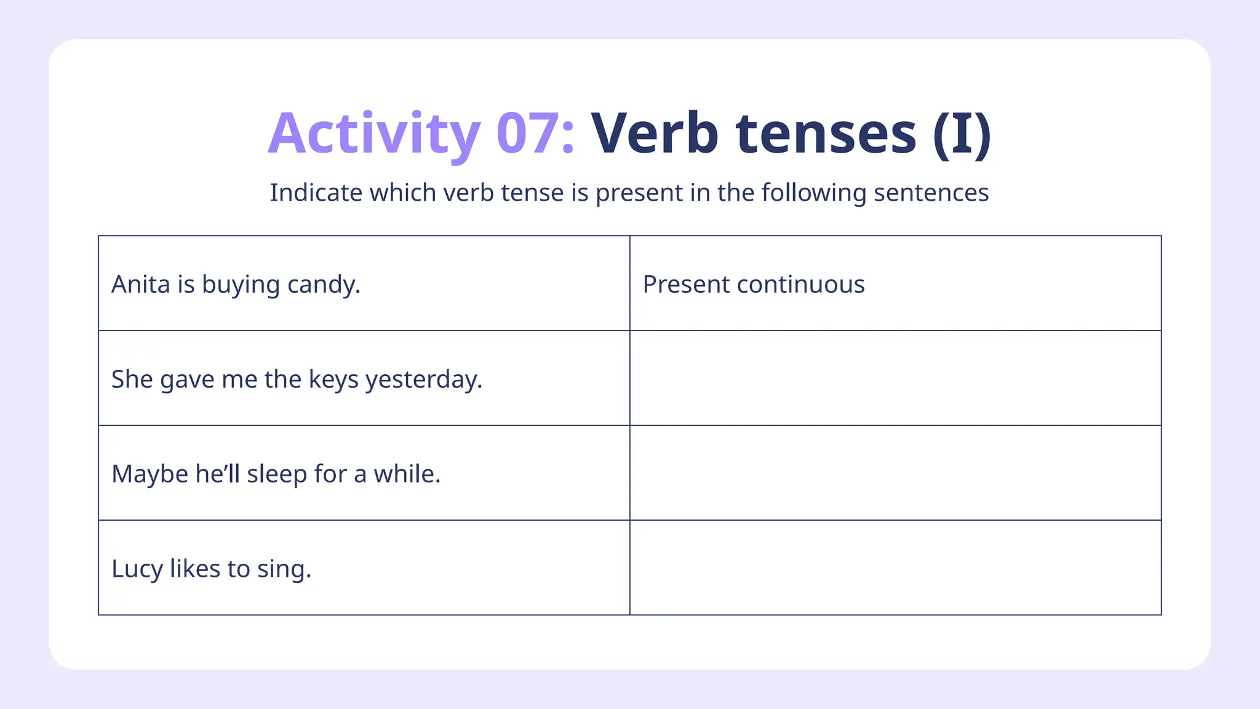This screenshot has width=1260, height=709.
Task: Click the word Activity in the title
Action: click(373, 134)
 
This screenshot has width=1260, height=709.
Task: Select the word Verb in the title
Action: click(655, 134)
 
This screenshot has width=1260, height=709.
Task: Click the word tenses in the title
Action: click(826, 134)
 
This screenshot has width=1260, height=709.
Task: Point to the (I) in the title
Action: click(962, 134)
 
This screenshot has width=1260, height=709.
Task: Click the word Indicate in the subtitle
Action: click(316, 193)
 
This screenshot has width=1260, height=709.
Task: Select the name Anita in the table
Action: click(140, 284)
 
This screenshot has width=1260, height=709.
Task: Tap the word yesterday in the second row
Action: click(423, 380)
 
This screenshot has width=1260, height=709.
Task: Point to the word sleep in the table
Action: click(276, 475)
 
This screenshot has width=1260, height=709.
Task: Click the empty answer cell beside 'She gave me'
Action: click(895, 378)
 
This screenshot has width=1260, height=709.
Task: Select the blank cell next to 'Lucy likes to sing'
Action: click(895, 567)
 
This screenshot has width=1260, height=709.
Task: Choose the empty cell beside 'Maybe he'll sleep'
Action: click(895, 473)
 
